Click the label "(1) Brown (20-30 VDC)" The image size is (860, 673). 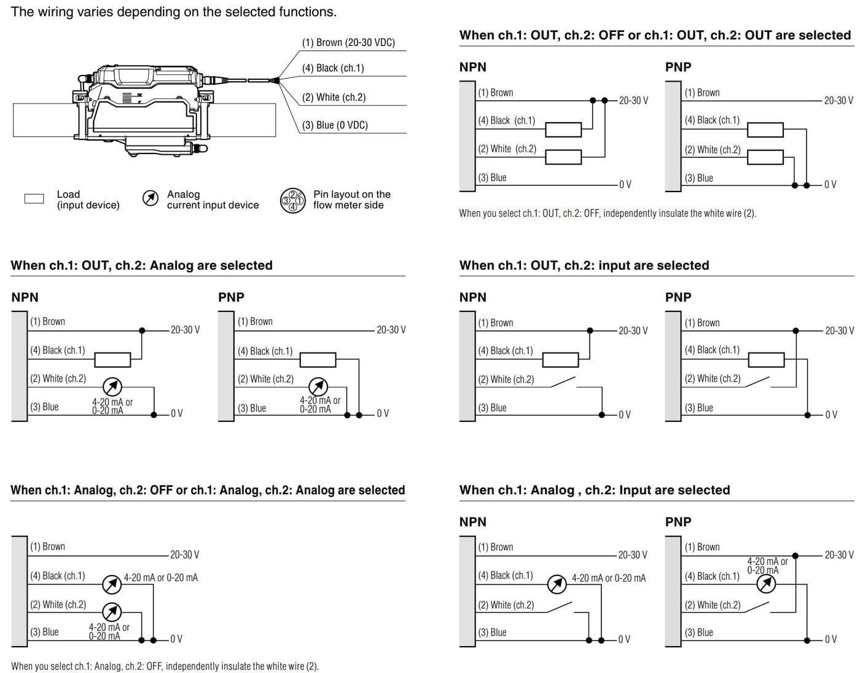point(348,42)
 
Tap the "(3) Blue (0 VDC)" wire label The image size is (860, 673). point(335,125)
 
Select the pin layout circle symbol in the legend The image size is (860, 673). point(292,200)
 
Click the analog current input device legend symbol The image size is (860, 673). point(150,198)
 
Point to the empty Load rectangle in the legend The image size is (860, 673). point(34,199)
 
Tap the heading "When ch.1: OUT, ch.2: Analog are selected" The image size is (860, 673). point(141,265)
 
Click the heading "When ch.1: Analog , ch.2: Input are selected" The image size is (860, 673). point(594,490)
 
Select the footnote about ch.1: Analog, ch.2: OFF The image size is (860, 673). point(165,666)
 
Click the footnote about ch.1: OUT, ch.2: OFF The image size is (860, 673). point(608,213)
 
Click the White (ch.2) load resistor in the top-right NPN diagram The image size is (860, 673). point(563,157)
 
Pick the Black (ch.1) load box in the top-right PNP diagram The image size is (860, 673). point(765,130)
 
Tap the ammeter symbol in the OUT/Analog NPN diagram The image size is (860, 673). point(112,386)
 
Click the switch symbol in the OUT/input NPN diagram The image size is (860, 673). point(563,382)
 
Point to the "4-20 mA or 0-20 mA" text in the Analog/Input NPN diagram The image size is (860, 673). point(608,578)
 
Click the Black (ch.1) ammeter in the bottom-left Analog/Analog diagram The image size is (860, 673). point(112,584)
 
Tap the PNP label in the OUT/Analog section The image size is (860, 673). point(231,297)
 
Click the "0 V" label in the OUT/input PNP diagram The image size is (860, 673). point(831,414)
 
